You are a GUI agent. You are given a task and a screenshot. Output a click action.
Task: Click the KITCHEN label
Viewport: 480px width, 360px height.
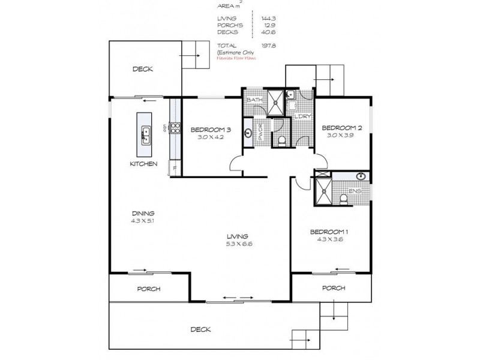pos(144,164)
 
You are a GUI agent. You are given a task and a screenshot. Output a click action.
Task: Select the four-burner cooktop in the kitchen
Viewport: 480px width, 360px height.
pos(176,127)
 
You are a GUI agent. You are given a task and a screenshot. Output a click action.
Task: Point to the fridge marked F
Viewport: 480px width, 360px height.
pos(175,169)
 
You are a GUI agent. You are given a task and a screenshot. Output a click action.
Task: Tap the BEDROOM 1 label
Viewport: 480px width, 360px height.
pos(328,232)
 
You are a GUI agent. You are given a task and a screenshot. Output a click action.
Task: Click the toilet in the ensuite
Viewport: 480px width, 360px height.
pos(344,198)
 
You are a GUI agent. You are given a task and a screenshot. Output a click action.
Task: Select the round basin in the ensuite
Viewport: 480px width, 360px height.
pos(361,176)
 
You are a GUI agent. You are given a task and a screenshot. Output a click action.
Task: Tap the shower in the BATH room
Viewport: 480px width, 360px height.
pos(276,102)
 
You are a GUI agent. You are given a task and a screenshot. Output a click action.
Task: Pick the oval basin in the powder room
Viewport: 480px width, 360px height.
pos(248,133)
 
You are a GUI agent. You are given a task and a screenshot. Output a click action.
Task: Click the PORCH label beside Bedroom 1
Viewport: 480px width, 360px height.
pos(334,288)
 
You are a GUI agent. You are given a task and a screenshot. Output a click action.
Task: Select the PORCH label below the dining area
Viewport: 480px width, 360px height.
pos(148,289)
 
